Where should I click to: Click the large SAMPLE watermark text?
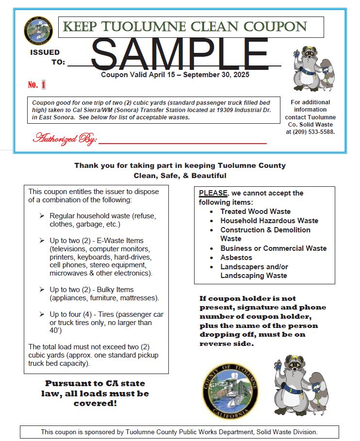pos(180,52)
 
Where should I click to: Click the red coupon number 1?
pos(43,85)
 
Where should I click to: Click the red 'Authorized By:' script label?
pos(65,139)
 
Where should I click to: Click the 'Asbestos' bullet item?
pos(236,258)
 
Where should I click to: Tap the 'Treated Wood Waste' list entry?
pos(255,212)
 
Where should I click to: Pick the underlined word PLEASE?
pos(213,193)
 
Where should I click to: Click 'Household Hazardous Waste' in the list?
pos(269,221)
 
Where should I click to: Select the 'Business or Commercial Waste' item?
pos(273,248)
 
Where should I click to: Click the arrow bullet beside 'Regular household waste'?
pos(42,215)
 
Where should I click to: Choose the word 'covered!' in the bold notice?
pos(95,403)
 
